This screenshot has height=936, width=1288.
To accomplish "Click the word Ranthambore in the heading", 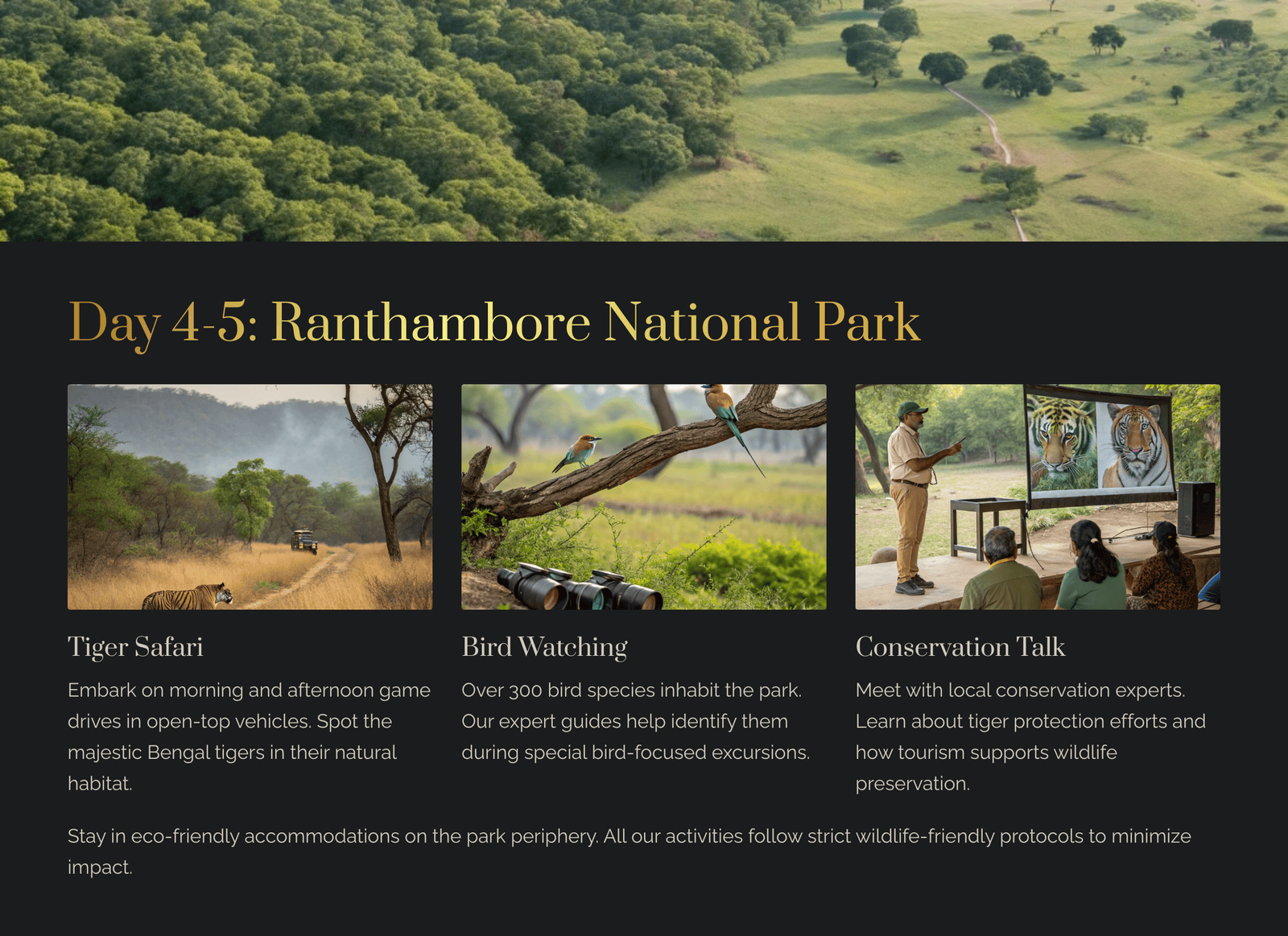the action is (x=431, y=323).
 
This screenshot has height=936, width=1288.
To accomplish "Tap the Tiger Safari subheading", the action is (x=135, y=647).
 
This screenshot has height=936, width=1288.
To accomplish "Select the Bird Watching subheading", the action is (x=544, y=647).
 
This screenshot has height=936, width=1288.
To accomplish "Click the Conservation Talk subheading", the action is (x=960, y=647).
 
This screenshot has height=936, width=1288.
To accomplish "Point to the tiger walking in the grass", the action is (x=188, y=596).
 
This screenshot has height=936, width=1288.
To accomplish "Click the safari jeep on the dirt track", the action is (x=303, y=541).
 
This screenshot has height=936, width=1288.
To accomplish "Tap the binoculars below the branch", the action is (x=580, y=588).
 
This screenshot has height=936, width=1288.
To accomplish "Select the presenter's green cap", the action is (x=911, y=409).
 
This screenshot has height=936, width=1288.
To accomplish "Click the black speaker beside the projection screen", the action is (x=1196, y=509).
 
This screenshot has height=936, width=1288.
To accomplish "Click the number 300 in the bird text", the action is (x=526, y=691).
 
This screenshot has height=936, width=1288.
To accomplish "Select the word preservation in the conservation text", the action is (x=913, y=784).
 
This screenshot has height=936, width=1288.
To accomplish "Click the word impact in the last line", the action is (x=100, y=868).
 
